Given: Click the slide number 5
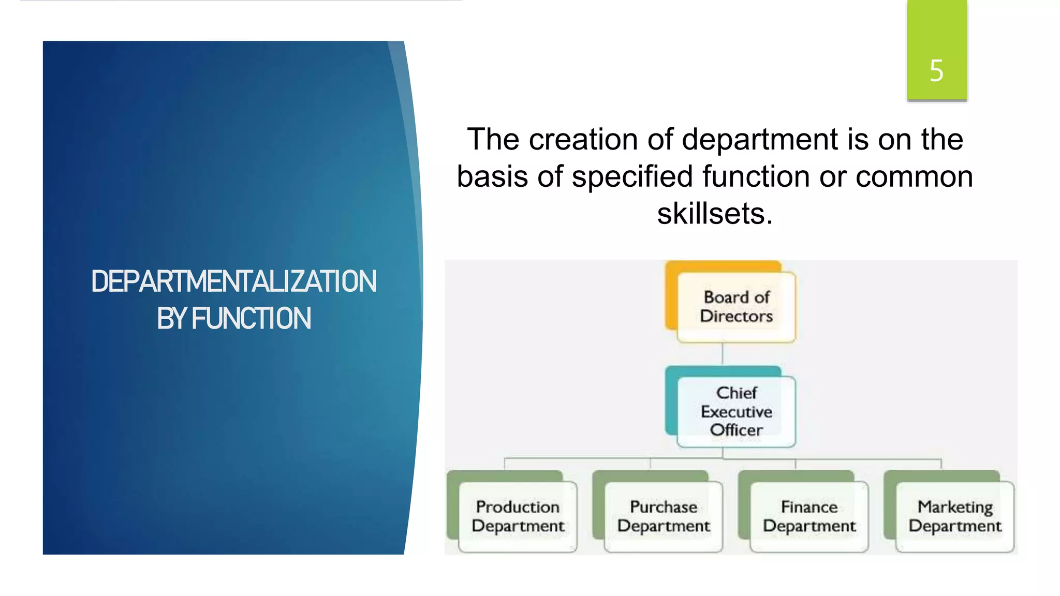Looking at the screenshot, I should click(936, 70).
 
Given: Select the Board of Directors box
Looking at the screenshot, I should click(736, 307).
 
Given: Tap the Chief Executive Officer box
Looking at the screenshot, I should click(736, 411).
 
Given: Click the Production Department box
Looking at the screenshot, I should click(518, 516).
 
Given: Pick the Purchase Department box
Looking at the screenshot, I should click(663, 516).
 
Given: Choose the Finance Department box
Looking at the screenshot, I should click(809, 516).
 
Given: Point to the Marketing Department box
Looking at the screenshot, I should click(955, 516).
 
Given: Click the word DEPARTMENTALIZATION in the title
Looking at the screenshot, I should click(234, 282).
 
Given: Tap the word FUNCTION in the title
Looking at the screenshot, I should click(252, 319).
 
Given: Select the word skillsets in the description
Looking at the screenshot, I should click(715, 213).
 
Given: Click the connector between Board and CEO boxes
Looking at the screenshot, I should click(722, 354).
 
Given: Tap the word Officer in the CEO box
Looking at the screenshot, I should click(736, 430).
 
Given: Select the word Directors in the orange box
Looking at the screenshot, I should click(736, 316).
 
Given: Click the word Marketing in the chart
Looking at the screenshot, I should click(955, 507).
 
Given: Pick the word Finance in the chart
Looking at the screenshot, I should click(809, 507).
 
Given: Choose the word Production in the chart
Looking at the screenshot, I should click(518, 507).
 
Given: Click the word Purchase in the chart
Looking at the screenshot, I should click(663, 507).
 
